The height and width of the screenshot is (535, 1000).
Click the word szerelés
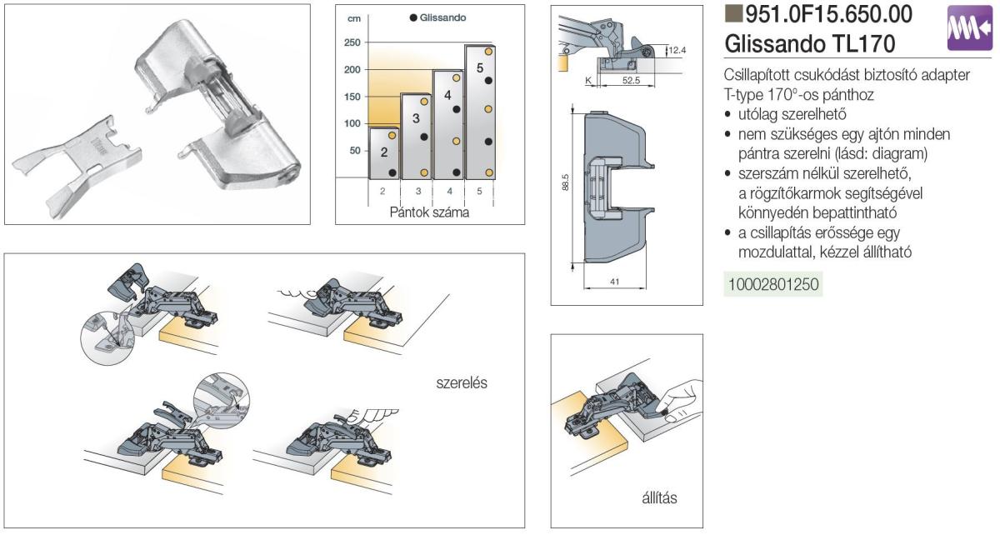coord(462,383)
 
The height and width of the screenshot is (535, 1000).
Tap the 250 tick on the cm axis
coord(352,42)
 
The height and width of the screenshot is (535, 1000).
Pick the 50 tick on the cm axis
coord(356,151)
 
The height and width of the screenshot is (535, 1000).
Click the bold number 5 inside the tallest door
coord(480,67)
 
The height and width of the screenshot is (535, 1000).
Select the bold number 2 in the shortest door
coord(384,152)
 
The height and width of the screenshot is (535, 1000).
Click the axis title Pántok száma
coord(429,212)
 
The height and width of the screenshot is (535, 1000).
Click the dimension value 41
coord(613,282)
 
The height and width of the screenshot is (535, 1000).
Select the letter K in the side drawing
coord(588,80)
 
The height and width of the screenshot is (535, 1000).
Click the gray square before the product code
coord(734,14)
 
